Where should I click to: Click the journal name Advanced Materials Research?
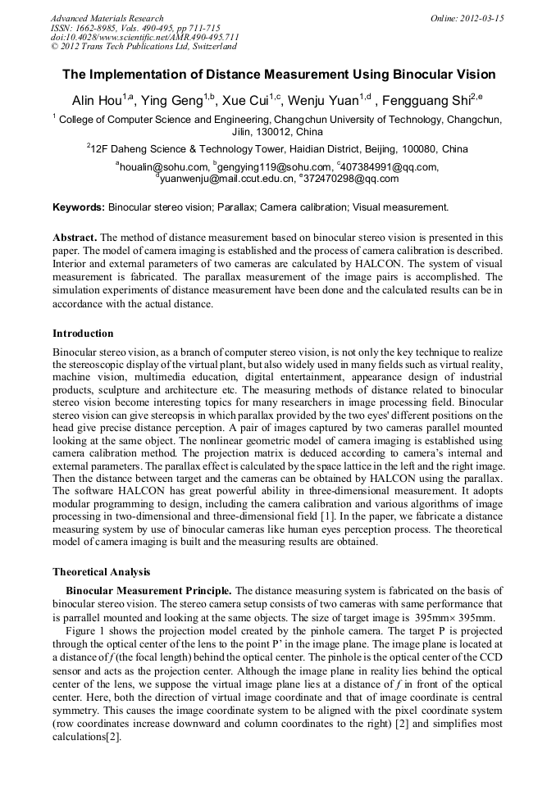107,18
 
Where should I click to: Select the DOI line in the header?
144,38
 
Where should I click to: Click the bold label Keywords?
79,207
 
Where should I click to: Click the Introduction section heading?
83,334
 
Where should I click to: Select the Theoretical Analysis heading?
101,571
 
